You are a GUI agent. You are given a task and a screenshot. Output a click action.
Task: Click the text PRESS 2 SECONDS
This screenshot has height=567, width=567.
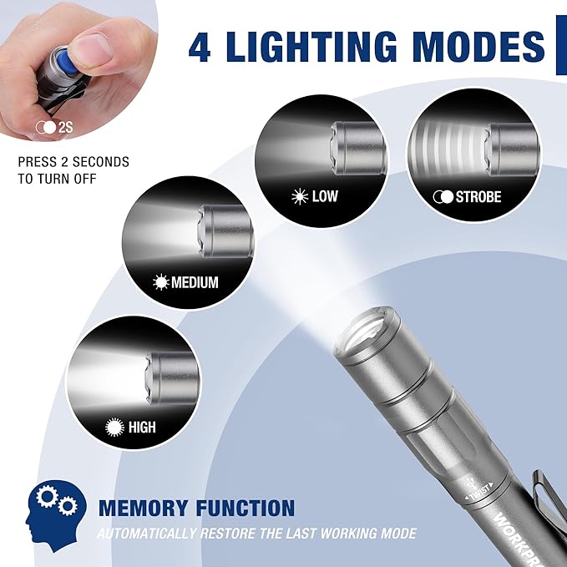point(73,162)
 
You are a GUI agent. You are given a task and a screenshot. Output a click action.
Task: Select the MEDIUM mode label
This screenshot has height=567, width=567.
point(195,282)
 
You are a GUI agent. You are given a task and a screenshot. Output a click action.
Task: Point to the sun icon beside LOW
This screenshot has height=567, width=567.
point(299,197)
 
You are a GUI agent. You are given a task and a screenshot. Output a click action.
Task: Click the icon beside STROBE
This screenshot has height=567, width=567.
point(442,198)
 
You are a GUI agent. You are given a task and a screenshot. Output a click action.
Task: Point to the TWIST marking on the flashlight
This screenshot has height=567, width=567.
point(478,493)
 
